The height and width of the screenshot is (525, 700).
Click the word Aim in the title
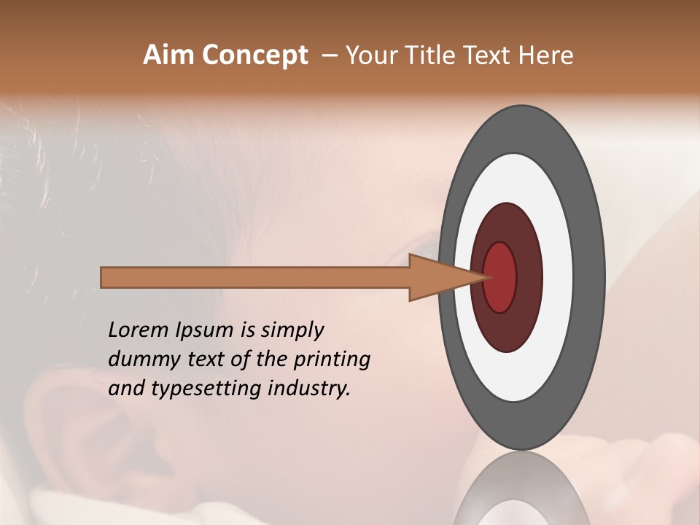(x=168, y=55)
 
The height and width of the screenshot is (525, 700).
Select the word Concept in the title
(x=254, y=56)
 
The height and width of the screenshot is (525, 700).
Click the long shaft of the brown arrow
(x=255, y=277)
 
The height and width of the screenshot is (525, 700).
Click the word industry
(x=309, y=389)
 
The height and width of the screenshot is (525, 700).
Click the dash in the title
(x=329, y=56)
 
